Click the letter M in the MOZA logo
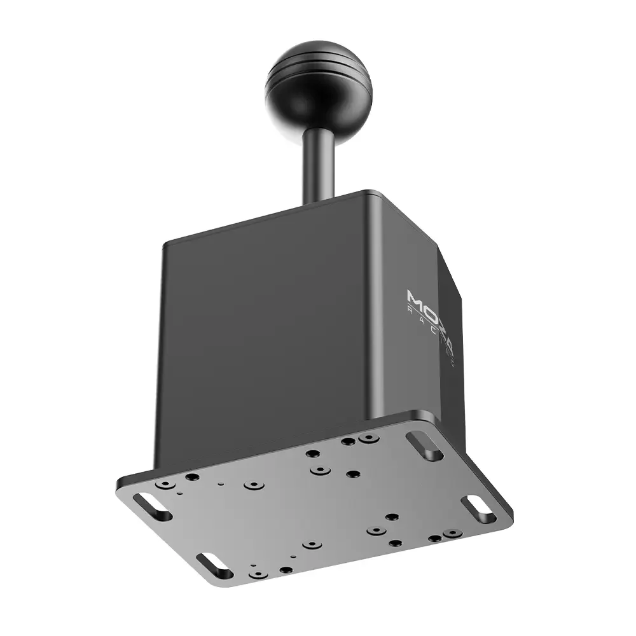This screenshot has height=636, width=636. [x=415, y=300]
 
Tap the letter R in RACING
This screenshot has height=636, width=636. [x=410, y=312]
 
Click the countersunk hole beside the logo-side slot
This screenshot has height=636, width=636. [x=367, y=438]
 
